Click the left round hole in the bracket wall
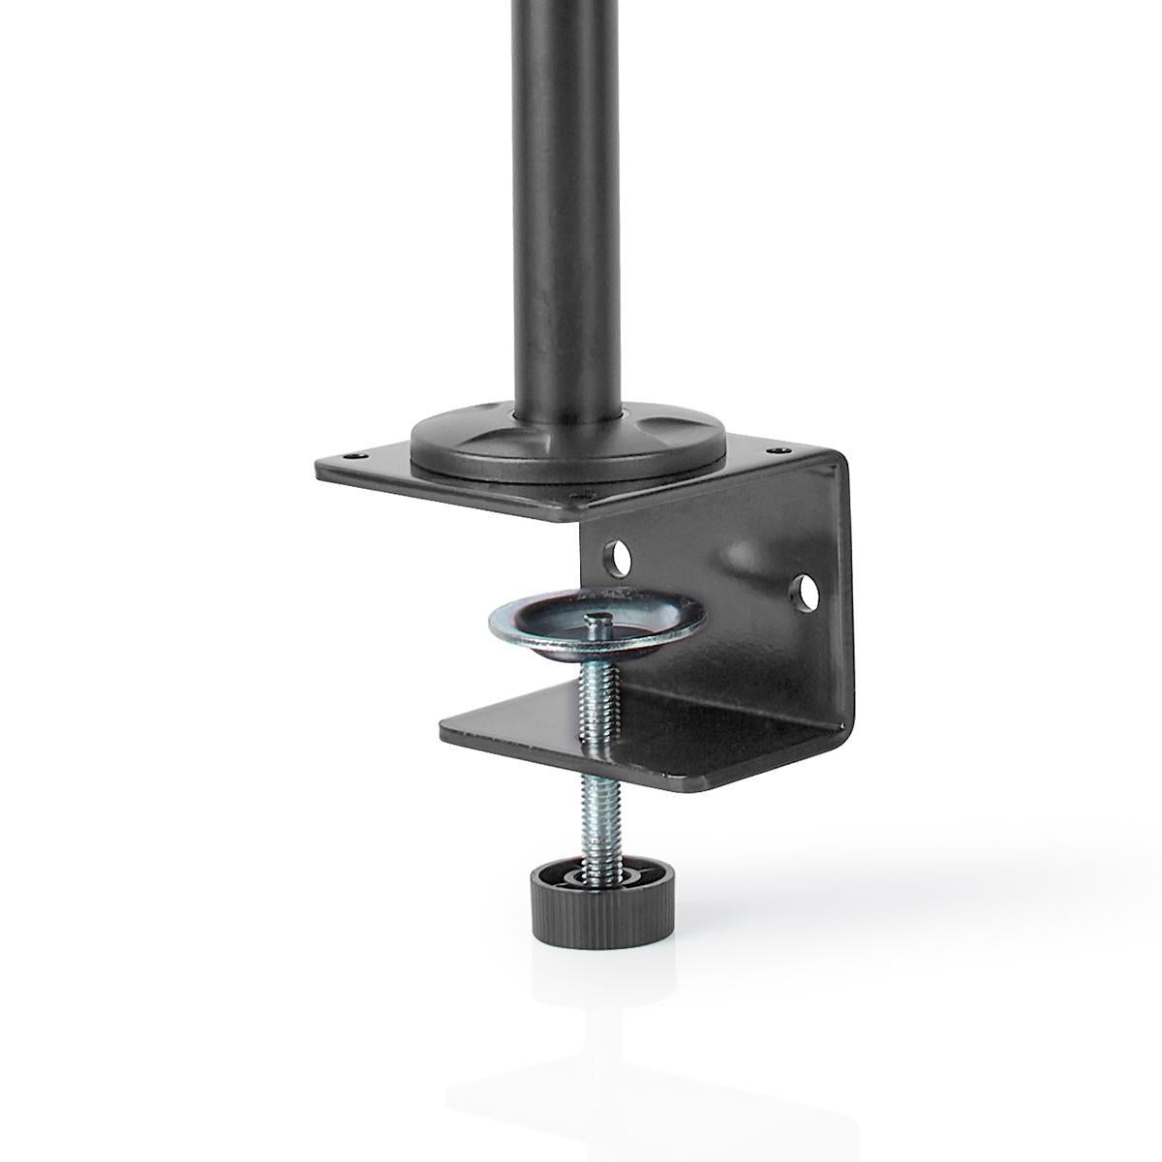point(617,557)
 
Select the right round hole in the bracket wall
point(804,591)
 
